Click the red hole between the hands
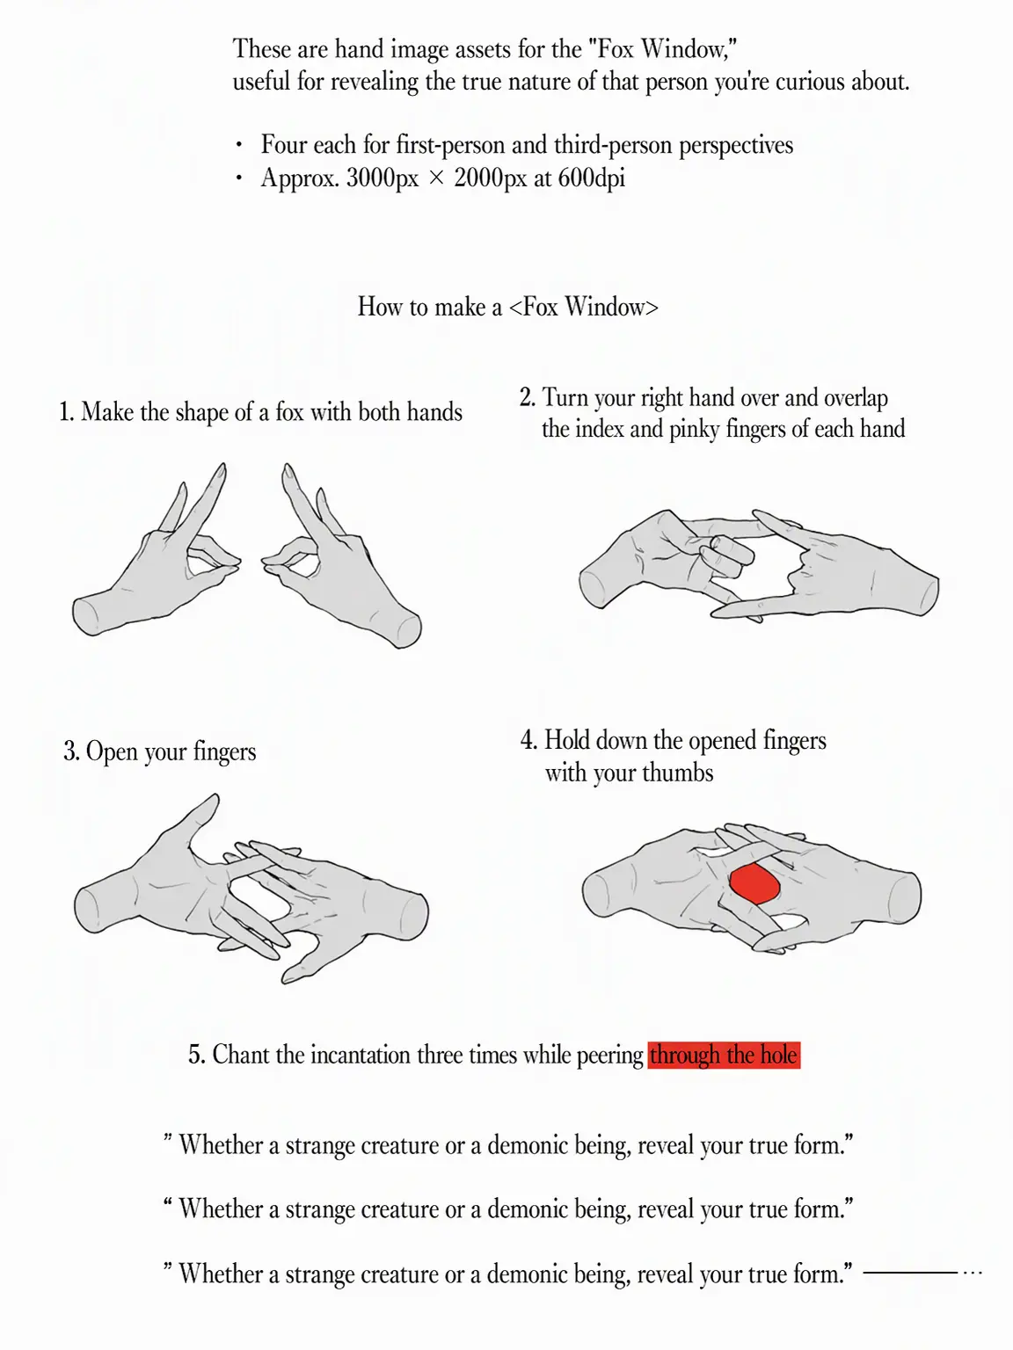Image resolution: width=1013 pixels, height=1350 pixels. click(754, 884)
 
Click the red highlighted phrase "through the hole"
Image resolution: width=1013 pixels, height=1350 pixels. click(724, 1056)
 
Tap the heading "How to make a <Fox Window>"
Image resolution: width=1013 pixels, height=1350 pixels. click(508, 306)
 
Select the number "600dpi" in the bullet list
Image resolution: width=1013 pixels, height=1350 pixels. click(591, 178)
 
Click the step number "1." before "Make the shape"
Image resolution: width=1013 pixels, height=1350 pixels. click(67, 411)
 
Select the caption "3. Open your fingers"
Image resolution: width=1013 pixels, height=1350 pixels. click(160, 751)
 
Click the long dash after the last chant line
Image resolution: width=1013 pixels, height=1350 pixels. click(910, 1273)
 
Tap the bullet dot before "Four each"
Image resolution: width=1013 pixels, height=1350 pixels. click(238, 146)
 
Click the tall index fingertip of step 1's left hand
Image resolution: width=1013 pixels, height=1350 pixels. click(222, 468)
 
